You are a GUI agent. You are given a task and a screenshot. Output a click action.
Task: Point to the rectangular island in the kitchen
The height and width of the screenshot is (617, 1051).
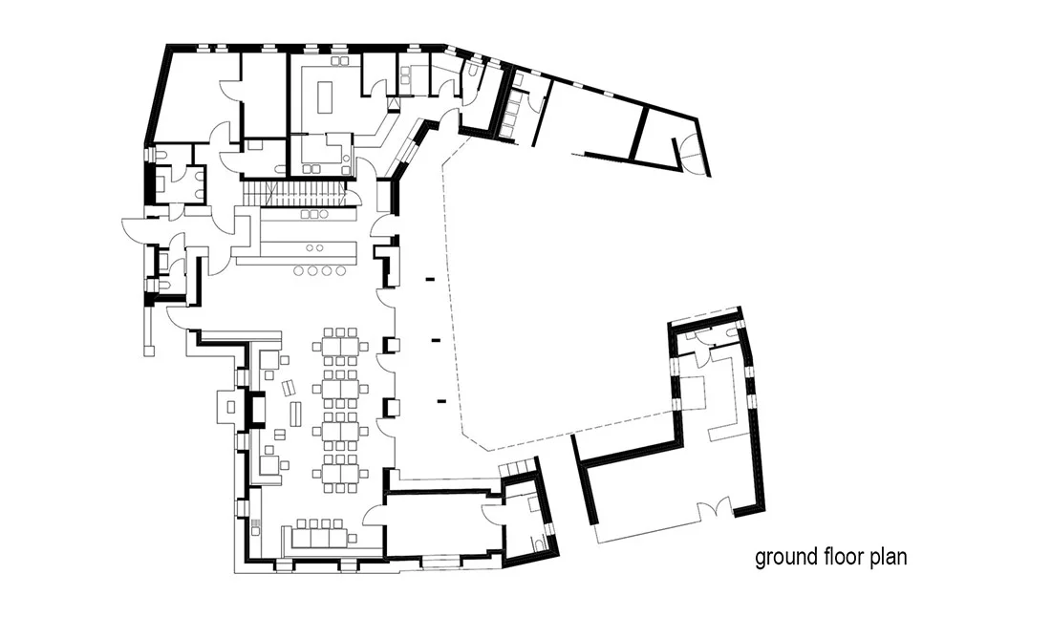326,97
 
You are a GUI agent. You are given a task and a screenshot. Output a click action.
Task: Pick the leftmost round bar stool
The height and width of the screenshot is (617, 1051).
299,270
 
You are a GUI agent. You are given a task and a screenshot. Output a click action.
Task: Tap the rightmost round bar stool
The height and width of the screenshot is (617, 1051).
340,270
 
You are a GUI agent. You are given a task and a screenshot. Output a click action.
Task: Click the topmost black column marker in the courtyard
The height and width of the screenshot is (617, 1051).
429,279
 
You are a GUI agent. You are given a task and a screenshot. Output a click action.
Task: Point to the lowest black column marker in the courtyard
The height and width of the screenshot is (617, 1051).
441,401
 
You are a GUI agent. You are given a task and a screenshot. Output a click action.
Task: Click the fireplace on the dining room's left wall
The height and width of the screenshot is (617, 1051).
255,407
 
